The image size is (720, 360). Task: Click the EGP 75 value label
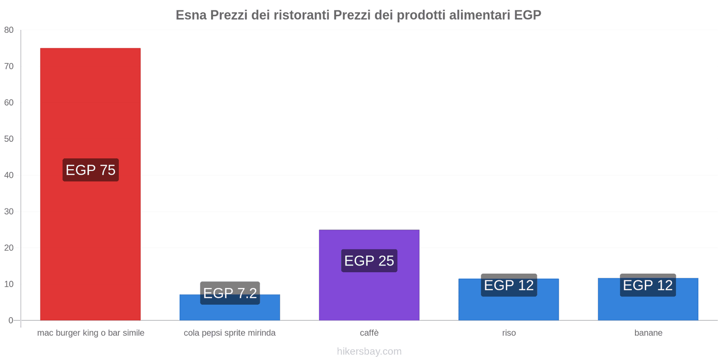point(90,170)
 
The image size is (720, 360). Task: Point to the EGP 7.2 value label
point(230,293)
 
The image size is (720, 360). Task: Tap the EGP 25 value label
point(369,261)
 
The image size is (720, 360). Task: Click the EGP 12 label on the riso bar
point(508,285)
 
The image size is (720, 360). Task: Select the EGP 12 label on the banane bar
point(648,285)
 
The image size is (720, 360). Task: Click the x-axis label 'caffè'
point(369,333)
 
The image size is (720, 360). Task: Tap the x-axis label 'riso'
point(509,333)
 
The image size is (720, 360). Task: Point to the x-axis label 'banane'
point(648,333)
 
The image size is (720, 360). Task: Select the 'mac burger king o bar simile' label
point(90,333)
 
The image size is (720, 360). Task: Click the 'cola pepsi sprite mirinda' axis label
point(229,333)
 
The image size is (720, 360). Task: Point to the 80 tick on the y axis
point(9,30)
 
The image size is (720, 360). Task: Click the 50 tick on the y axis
point(9,139)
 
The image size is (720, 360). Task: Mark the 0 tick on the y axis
point(11,320)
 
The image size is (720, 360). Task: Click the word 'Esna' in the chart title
point(191,15)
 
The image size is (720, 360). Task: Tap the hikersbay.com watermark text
point(369,351)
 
